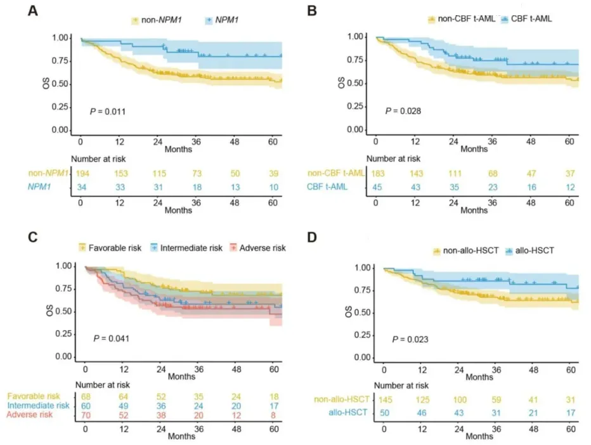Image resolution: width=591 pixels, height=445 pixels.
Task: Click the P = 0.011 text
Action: [107, 112]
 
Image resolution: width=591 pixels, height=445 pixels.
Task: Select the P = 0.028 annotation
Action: [403, 111]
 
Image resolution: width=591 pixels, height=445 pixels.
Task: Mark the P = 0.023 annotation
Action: [410, 339]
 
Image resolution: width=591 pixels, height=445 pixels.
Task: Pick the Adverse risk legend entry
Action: [260, 247]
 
